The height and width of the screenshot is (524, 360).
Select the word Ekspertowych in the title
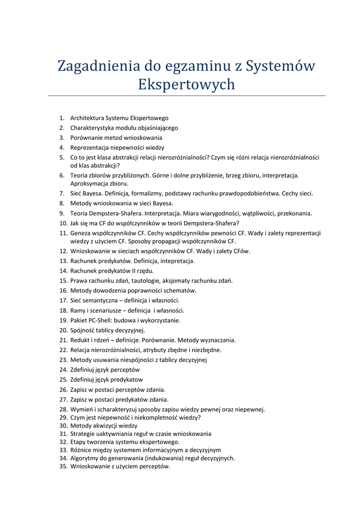(x=186, y=84)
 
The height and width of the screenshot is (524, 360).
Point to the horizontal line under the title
(x=186, y=96)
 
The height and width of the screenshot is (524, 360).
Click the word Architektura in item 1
(x=87, y=118)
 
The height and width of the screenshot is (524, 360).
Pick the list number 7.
(x=61, y=193)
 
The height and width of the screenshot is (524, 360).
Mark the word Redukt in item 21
(x=80, y=340)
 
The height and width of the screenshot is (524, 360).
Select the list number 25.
(x=63, y=380)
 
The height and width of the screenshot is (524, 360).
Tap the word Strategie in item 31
(x=82, y=434)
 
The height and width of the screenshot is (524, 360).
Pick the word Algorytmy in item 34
(x=84, y=458)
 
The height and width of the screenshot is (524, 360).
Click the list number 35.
(x=63, y=467)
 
